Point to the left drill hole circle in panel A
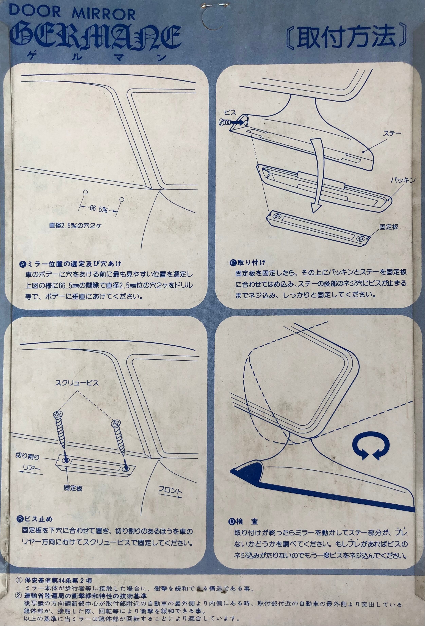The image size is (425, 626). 85,192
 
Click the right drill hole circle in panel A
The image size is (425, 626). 122,200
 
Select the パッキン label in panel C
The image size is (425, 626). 403,180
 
